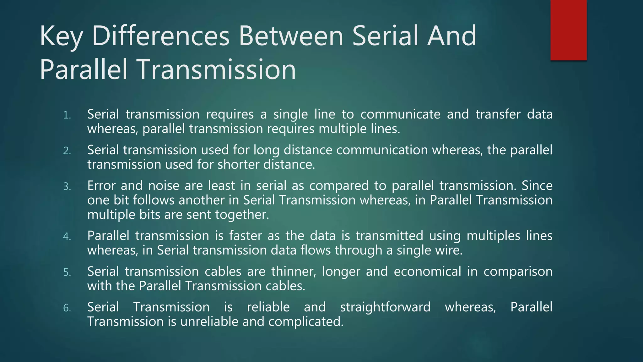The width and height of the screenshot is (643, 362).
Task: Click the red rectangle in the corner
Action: coord(568,30)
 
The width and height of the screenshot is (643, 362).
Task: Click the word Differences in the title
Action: coord(161,36)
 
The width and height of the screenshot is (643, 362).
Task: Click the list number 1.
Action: coord(67,115)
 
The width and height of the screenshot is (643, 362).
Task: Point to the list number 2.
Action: coord(67,151)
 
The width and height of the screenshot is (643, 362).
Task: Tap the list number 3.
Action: coord(67,187)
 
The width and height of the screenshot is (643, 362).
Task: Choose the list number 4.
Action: coord(67,237)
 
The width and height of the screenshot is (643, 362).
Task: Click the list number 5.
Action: coord(67,272)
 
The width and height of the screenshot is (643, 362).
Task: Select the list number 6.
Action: coord(67,308)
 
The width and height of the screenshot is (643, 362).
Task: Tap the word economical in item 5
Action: coord(427,271)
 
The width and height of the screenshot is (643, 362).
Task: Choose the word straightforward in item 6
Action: coord(385,307)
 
